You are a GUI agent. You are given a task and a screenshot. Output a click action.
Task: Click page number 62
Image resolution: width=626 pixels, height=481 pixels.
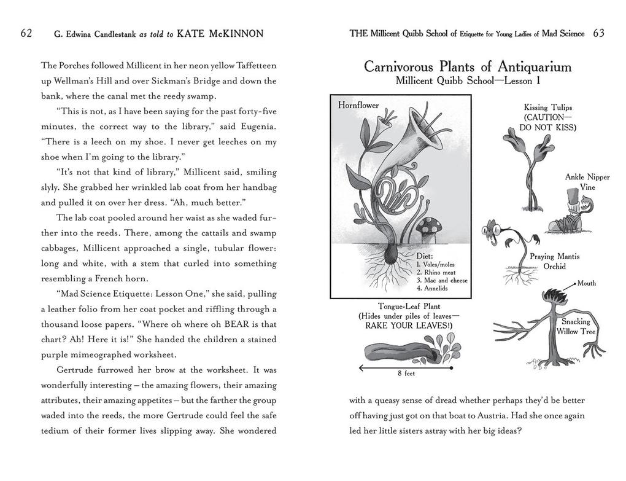tap(26, 33)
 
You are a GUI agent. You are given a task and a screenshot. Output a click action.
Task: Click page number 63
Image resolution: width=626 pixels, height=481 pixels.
tap(599, 33)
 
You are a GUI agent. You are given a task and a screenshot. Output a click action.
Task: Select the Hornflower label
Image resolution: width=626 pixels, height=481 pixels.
tap(358, 106)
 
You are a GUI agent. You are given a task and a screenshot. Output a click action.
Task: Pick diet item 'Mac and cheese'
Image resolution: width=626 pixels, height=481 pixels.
tap(442, 280)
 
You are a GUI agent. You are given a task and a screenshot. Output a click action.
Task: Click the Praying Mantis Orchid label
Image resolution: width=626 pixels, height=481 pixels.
tap(554, 261)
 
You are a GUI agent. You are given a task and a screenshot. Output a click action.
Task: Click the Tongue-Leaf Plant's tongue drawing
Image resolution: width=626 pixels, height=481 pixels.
tap(400, 352)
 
